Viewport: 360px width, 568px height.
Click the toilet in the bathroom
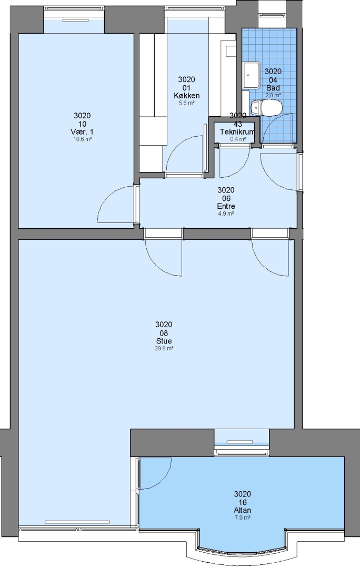click(x=266, y=108)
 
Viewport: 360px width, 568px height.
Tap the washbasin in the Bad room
click(x=251, y=75)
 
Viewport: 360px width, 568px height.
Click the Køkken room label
click(x=186, y=96)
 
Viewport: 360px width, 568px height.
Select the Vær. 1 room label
click(x=82, y=131)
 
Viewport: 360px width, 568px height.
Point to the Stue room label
click(x=164, y=341)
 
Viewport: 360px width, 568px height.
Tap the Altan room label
click(x=243, y=510)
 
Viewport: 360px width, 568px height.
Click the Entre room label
click(x=226, y=206)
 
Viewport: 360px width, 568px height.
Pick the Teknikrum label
click(x=237, y=132)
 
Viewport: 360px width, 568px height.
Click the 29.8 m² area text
click(x=164, y=349)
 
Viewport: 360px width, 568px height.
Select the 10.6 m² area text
click(x=82, y=139)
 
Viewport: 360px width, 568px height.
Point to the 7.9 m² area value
click(x=243, y=518)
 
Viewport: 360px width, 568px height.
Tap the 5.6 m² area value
click(x=186, y=103)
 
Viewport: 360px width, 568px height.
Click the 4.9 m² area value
click(x=226, y=214)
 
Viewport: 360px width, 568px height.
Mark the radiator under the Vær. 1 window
click(x=75, y=21)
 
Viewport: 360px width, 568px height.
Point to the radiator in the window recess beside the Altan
click(x=239, y=442)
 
